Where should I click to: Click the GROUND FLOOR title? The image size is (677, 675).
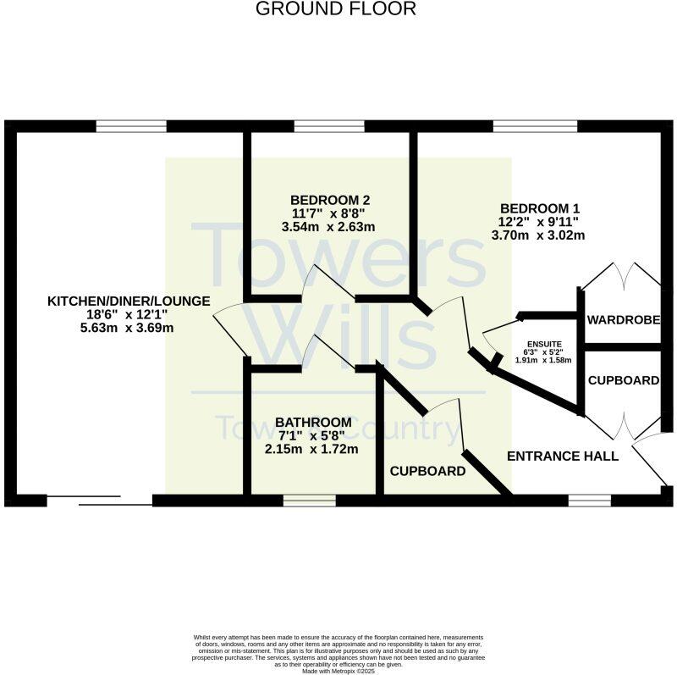[x=336, y=9]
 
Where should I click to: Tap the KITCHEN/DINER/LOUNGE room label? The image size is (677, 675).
[x=129, y=302]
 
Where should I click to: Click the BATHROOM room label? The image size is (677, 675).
[x=313, y=422]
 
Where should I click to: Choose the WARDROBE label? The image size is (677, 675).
[x=624, y=319]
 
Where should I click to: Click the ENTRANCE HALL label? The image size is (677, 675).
[x=563, y=456]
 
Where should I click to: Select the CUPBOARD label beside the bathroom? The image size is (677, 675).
[x=427, y=471]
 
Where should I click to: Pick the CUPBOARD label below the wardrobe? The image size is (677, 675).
[x=624, y=380]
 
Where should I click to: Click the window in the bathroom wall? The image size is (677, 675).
[x=309, y=501]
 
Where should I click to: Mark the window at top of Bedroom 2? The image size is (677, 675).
[x=329, y=126]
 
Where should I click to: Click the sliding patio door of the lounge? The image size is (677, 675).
[x=99, y=501]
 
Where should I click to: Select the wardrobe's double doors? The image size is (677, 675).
[x=625, y=275]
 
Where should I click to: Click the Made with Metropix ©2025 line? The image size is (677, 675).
[x=338, y=671]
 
